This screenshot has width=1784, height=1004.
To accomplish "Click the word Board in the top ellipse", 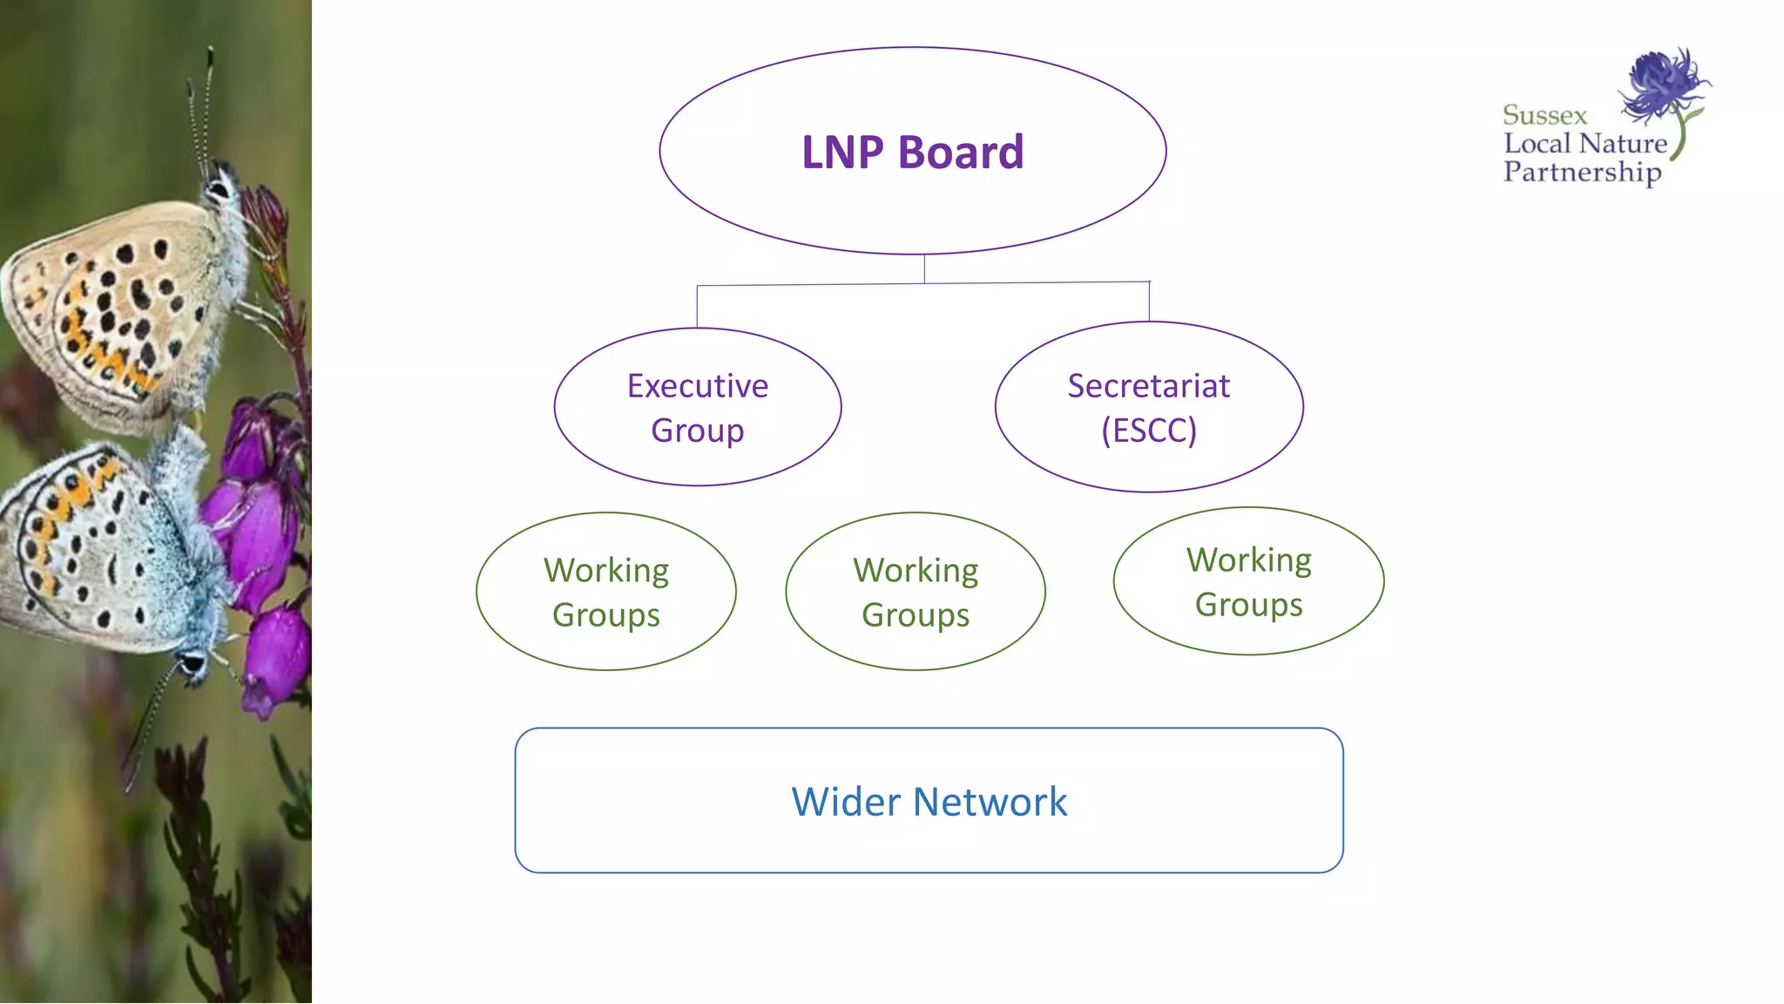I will (961, 153).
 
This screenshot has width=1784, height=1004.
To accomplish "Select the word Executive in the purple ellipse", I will (698, 386).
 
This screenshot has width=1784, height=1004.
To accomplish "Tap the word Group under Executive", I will (698, 431).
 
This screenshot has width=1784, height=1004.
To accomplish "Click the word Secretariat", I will (1149, 386).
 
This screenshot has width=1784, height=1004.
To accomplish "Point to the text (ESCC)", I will (1149, 431).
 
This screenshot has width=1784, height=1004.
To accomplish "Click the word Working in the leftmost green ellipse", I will (606, 571).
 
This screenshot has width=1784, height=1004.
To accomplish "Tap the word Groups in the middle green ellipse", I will (916, 616).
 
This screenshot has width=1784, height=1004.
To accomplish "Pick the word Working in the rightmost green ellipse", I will (1249, 560).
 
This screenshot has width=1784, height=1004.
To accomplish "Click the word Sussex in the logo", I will (1544, 115).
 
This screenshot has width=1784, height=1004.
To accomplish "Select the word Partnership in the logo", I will (1582, 173).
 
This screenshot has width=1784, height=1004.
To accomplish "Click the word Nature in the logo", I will (1623, 144).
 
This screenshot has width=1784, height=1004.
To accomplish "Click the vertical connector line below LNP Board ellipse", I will (924, 268).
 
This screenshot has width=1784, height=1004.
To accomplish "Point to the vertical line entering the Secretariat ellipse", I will (1149, 302).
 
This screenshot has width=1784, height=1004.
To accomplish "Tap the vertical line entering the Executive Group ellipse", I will (697, 307).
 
